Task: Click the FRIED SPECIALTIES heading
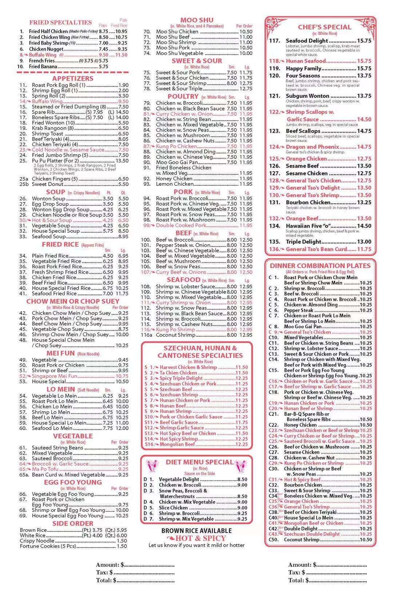[60, 23]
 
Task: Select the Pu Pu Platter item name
[55, 161]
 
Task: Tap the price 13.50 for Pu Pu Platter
[122, 161]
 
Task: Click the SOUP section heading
[56, 192]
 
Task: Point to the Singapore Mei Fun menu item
[54, 376]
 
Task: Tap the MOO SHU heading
[196, 20]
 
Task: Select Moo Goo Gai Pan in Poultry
[177, 162]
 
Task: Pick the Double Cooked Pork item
[180, 225]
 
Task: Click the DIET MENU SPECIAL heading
[199, 462]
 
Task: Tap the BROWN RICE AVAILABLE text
[196, 531]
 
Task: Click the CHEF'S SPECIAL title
[324, 27]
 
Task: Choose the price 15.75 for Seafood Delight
[364, 41]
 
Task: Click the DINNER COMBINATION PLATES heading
[320, 266]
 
